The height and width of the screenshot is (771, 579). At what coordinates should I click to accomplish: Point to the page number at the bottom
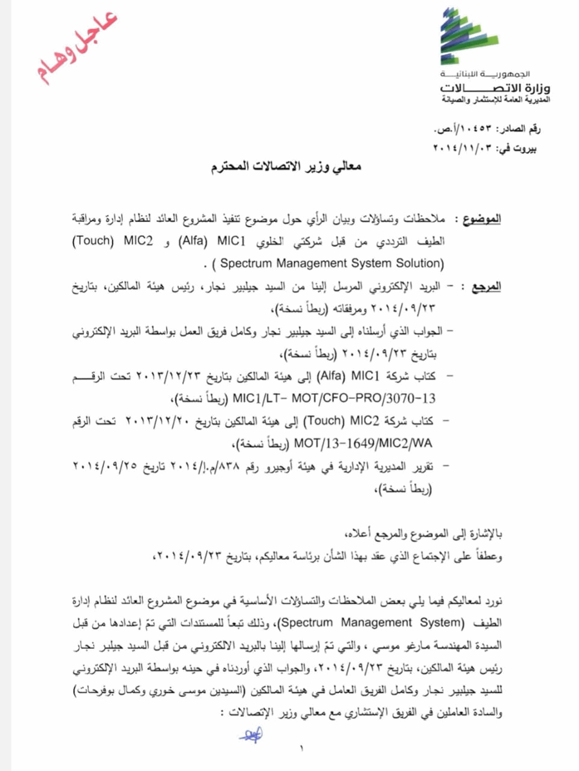[300, 748]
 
